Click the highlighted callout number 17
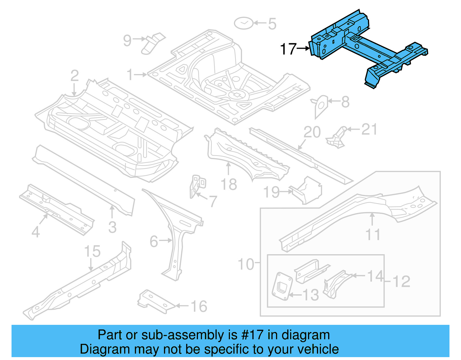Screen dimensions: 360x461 [288, 49]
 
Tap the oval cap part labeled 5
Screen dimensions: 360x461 [243, 23]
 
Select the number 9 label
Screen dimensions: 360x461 [127, 40]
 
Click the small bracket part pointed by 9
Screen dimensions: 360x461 [153, 43]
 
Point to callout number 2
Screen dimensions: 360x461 [75, 76]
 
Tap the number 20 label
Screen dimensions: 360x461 [312, 132]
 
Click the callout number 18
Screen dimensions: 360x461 [229, 184]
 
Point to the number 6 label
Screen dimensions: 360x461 [154, 241]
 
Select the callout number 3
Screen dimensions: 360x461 [112, 227]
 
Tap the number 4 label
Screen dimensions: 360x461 [35, 232]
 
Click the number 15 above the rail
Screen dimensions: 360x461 [92, 251]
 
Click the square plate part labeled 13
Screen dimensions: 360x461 [282, 286]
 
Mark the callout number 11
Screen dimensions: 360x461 [373, 235]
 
